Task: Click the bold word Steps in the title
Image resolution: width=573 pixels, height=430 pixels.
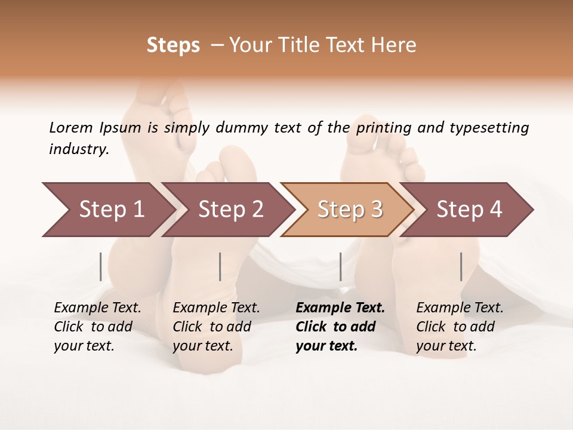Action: pyautogui.click(x=173, y=45)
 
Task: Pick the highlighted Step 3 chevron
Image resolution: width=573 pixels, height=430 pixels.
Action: pyautogui.click(x=350, y=209)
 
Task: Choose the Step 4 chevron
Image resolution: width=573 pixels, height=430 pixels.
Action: pyautogui.click(x=469, y=209)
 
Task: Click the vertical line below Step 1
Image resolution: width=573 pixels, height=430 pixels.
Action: pyautogui.click(x=101, y=266)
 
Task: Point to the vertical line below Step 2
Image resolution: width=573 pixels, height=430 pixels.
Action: pyautogui.click(x=220, y=266)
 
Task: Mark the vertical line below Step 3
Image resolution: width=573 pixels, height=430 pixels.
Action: pyautogui.click(x=340, y=266)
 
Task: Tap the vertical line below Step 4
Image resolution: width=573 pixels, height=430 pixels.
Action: pyautogui.click(x=461, y=266)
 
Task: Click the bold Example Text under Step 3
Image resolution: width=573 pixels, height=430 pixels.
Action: pyautogui.click(x=340, y=308)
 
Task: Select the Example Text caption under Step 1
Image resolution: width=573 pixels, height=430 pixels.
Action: pyautogui.click(x=97, y=308)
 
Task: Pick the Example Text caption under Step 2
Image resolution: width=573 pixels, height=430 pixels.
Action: pyautogui.click(x=216, y=308)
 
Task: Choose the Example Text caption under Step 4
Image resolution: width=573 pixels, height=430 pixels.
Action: pyautogui.click(x=460, y=308)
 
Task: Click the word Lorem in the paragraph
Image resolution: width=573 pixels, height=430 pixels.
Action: pyautogui.click(x=71, y=127)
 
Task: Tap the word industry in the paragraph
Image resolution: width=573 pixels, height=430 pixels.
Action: pyautogui.click(x=79, y=149)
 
